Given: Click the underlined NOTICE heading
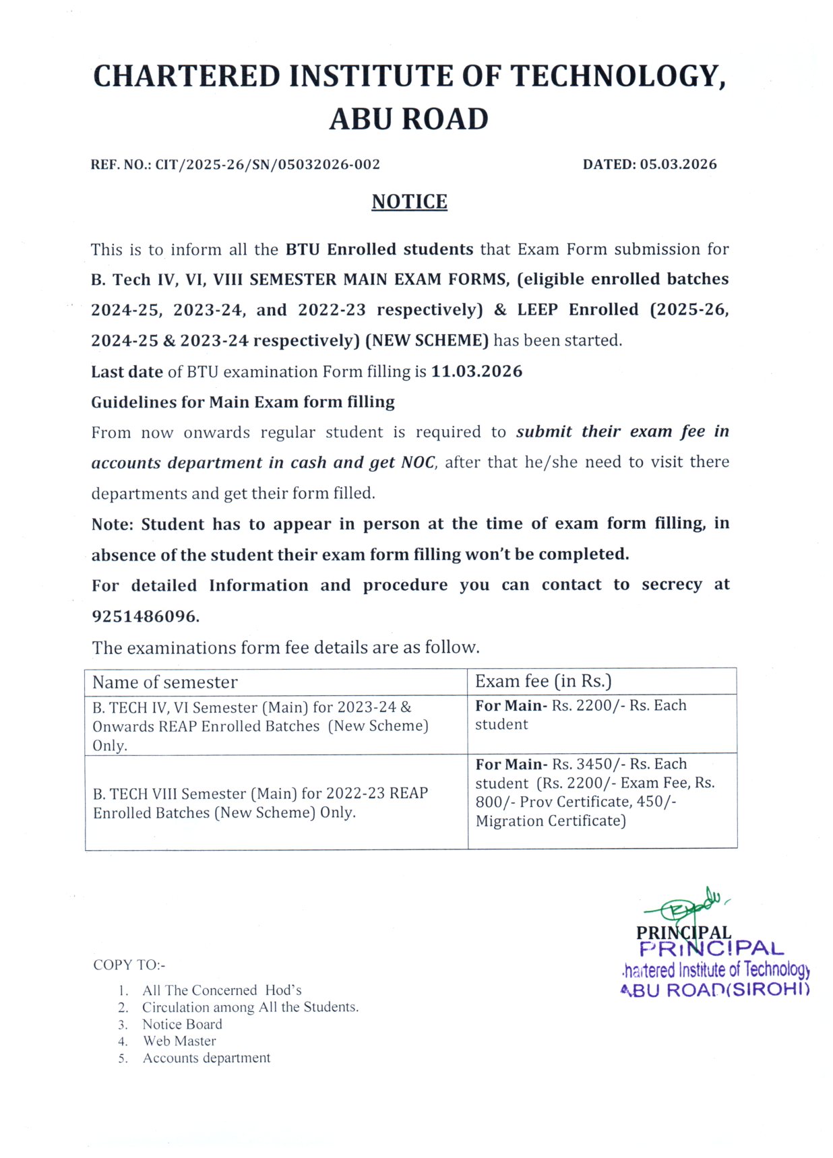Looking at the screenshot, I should pos(409,201).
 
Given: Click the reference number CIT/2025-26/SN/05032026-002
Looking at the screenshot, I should pos(268,164).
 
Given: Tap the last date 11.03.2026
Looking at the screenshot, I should pos(476,371).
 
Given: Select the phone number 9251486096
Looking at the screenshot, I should pos(145,616).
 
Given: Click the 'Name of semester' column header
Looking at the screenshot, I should pos(165,682).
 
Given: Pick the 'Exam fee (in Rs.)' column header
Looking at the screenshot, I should pos(543,681).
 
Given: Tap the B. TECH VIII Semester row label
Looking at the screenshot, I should pos(260,803).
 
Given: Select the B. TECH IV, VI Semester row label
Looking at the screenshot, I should pos(260,726).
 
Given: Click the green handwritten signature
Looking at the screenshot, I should pos(687,905).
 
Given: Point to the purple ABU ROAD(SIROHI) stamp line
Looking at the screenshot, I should pos(714,990).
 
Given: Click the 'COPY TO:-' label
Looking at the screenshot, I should pos(129,965).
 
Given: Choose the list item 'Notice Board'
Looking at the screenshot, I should pos(182,1024).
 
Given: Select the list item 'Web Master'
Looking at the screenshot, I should pos(179,1041).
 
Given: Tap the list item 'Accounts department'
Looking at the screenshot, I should pos(206,1058).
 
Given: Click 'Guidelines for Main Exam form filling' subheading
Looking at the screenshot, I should pos(243,402).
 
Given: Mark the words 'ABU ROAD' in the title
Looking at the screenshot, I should pos(408,119).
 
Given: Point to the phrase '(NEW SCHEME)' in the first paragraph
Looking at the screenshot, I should pos(427,340).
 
